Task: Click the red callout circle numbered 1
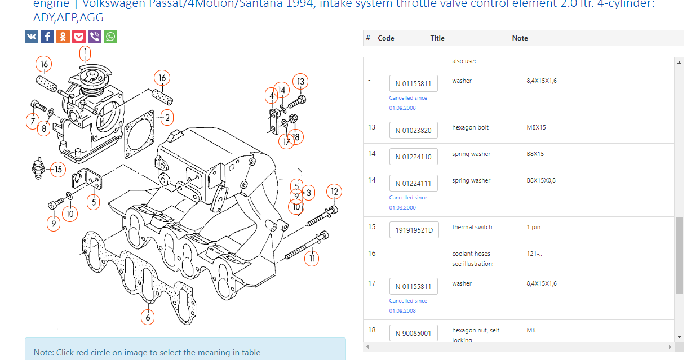pos(85,54)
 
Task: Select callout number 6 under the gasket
pos(148,317)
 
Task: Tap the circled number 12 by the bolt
pos(334,192)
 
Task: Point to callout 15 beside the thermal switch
pos(57,169)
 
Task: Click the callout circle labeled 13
pos(300,82)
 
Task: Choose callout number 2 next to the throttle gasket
pos(166,118)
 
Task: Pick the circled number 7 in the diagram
pos(33,121)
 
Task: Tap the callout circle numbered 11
pos(311,259)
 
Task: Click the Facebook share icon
pos(47,37)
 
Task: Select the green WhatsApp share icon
pos(110,37)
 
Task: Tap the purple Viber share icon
pos(95,37)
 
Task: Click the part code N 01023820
pos(413,131)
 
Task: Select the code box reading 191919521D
pos(413,230)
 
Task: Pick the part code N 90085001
pos(413,333)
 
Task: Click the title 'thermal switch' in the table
pos(472,228)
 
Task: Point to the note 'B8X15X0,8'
pos(540,181)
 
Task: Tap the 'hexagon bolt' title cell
pos(470,128)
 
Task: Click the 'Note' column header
pos(520,38)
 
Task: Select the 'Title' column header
pos(437,38)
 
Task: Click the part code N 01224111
pos(413,183)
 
